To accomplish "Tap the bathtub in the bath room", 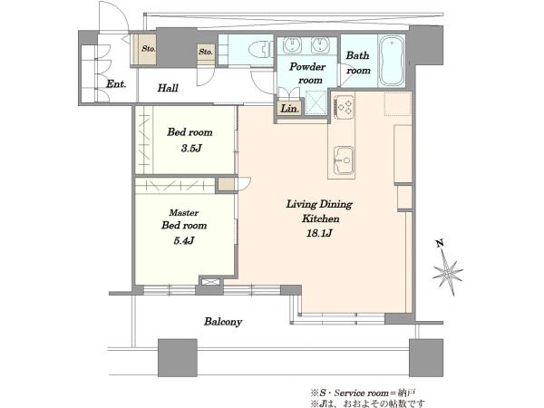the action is (392, 61).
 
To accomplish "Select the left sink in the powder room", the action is (292, 45).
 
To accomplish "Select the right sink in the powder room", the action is (320, 45).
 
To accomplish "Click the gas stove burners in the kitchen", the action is (345, 105).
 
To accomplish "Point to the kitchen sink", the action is (344, 160).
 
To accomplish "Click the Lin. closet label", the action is (290, 109).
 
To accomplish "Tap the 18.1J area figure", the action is (319, 233).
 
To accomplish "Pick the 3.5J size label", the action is (190, 149).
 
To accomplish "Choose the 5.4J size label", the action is (184, 240).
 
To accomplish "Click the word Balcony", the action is (223, 322).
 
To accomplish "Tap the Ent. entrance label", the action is (116, 84).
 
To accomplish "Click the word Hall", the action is (168, 88).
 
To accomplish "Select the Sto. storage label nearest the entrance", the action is (149, 49).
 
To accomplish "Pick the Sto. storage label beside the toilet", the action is (206, 52).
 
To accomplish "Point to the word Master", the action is (184, 213).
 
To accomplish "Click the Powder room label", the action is (308, 73).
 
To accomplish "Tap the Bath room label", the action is (358, 63).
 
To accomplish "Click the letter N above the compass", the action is (440, 244).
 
